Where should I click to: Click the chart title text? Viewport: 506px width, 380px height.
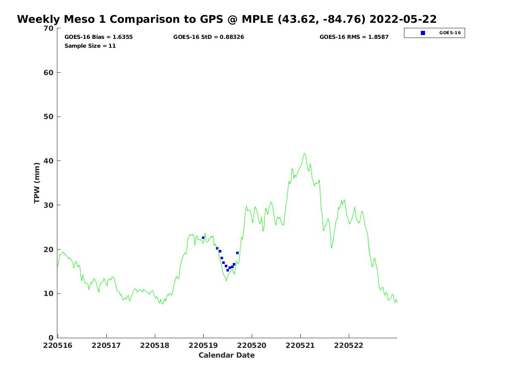click(227, 19)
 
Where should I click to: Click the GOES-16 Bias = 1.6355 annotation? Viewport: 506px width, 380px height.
click(99, 37)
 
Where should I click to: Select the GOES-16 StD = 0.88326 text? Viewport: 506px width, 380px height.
click(209, 37)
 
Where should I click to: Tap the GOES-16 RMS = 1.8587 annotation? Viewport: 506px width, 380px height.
click(354, 37)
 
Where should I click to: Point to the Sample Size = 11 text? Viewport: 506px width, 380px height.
click(90, 46)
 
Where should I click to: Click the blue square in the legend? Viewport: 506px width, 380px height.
click(423, 33)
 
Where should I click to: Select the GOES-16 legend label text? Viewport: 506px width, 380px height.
click(450, 33)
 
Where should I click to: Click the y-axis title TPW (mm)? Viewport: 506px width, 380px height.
click(37, 182)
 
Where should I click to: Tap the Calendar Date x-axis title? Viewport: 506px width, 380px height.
click(227, 355)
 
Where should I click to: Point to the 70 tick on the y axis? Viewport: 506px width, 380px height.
click(48, 28)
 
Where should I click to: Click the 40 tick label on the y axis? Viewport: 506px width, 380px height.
click(48, 161)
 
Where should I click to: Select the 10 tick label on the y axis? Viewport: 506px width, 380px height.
click(48, 293)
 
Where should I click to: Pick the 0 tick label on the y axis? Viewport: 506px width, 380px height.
click(51, 338)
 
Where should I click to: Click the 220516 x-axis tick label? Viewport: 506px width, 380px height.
click(58, 345)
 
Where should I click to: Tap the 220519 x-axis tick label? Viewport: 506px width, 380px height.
click(203, 345)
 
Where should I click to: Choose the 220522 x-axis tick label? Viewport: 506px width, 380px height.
click(349, 345)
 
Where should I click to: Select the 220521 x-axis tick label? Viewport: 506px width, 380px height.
click(300, 345)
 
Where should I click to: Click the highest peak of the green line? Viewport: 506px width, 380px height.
click(304, 154)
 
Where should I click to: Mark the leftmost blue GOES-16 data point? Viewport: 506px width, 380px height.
click(203, 238)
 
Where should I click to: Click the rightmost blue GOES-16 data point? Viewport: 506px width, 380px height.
click(237, 253)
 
